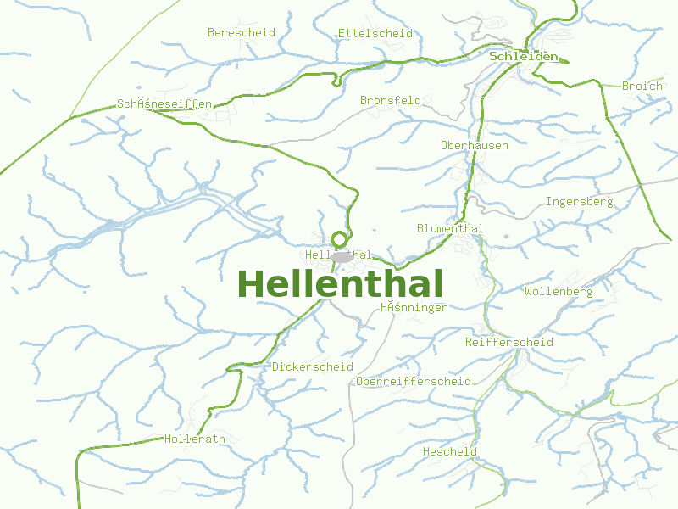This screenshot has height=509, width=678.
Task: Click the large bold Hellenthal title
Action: coord(340,283)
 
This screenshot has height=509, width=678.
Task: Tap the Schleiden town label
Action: coord(524,57)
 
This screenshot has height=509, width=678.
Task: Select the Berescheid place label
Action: coord(242,33)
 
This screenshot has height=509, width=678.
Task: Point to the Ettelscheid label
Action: coord(375,34)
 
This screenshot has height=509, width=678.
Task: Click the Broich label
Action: coord(642,87)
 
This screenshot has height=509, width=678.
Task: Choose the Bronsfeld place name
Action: coord(390,100)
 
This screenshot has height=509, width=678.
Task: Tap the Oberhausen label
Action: coord(475,146)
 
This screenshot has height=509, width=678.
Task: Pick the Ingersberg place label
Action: coord(579,202)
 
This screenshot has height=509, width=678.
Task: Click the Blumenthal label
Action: coord(450,229)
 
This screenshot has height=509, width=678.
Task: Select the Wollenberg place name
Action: coord(559,292)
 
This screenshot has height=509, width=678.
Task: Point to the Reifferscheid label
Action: coord(509,343)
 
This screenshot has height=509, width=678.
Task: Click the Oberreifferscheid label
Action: coord(414,382)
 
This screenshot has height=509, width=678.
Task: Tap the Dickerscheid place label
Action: coord(313,367)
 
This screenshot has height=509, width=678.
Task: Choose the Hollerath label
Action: coord(195,439)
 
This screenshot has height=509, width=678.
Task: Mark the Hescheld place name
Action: coord(450,452)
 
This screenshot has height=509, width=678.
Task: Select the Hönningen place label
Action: coord(414,308)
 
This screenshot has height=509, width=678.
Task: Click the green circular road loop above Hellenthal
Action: coord(340,239)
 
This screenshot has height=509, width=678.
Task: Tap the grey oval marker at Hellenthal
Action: coord(342,256)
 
